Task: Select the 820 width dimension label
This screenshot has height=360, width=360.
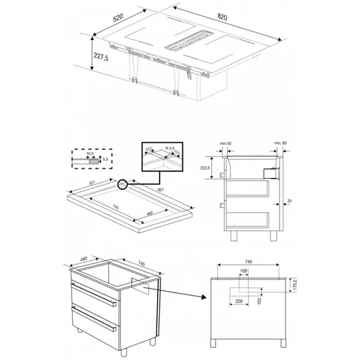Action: pos(223,16)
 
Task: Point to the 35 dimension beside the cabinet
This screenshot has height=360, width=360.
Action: pos(289,202)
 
